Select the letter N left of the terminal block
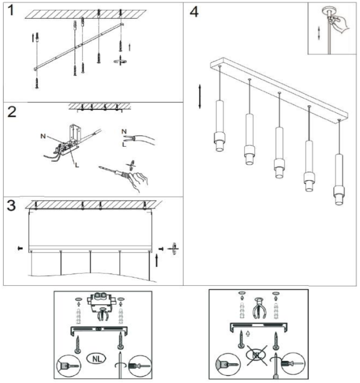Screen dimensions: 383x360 click(x=43, y=136)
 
